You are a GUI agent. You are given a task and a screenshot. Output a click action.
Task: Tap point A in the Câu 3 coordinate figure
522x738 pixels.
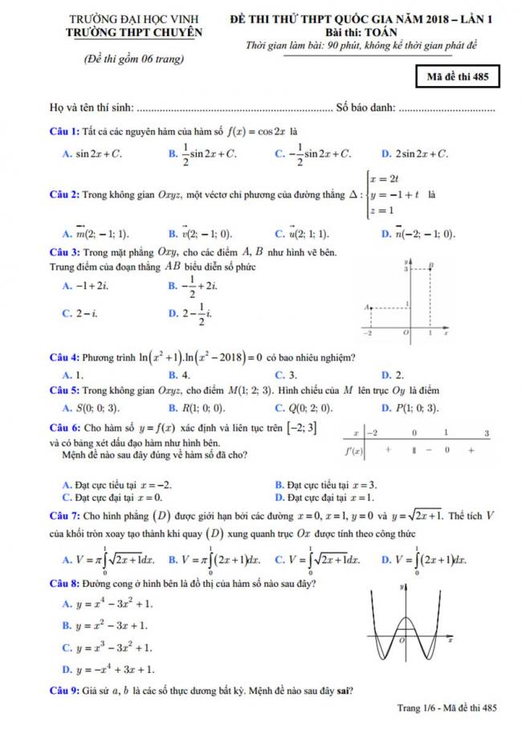tap(366, 307)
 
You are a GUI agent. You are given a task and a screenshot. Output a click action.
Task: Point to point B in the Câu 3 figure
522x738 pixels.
tap(431, 264)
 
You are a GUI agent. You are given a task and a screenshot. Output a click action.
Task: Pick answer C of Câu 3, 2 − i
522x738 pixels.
tap(80, 313)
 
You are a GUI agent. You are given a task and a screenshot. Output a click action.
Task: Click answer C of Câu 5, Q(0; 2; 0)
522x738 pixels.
tap(301, 408)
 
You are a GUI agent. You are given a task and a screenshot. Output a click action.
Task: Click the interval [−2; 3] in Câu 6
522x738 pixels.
tap(296, 427)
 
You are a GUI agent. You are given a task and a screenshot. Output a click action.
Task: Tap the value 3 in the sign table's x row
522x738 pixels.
tap(487, 433)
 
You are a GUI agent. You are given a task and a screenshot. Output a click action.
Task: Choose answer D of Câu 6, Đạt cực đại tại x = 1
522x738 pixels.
tap(322, 497)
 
